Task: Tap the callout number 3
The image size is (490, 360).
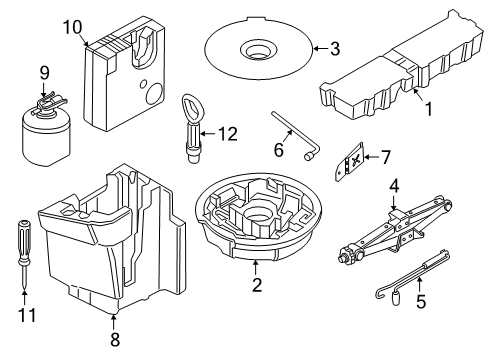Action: coord(335,47)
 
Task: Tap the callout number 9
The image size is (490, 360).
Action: coord(43,72)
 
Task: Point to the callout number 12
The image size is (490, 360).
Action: coord(231,132)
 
